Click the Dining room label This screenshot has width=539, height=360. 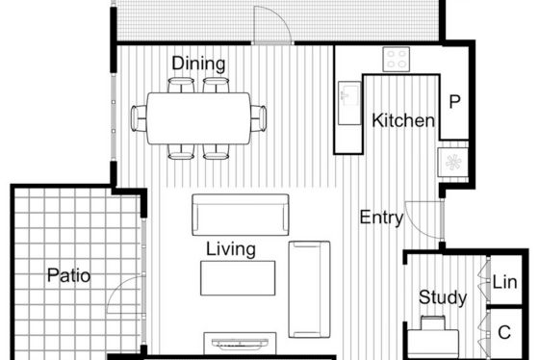[198, 64]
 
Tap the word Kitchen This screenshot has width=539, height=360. [403, 120]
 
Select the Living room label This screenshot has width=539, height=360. [231, 249]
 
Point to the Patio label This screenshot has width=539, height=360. [68, 275]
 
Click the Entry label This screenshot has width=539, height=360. [381, 218]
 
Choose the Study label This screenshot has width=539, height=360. [443, 297]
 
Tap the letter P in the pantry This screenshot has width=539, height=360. [454, 101]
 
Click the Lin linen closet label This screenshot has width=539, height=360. [504, 282]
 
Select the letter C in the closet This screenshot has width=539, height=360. [504, 332]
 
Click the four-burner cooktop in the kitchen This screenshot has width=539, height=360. [397, 59]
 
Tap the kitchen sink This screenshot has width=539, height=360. [349, 103]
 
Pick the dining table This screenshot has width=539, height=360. [198, 118]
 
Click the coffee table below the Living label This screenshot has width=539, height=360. [238, 278]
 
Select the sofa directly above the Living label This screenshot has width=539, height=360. [241, 215]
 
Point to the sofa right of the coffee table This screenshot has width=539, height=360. [309, 289]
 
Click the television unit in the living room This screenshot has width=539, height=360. [240, 343]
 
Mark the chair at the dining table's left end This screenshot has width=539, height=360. [139, 118]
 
